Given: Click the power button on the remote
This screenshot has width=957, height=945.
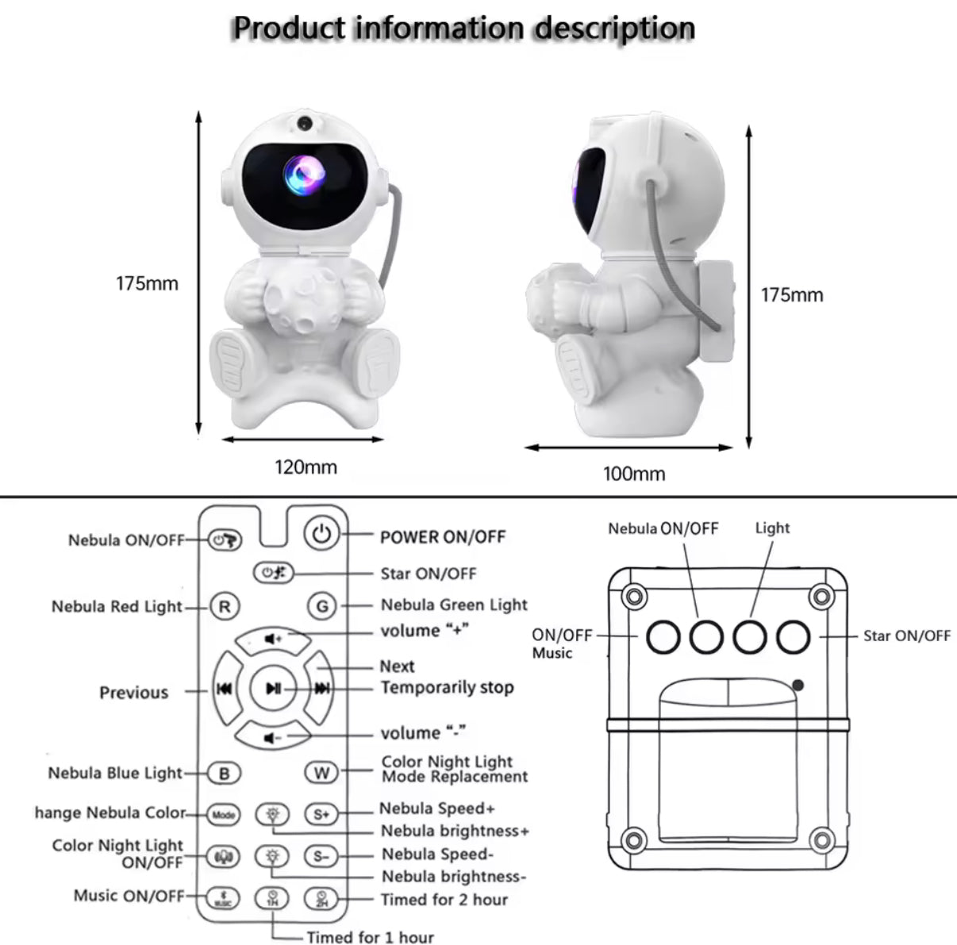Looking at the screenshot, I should coord(321,533).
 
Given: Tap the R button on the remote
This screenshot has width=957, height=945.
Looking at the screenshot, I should coord(225,607).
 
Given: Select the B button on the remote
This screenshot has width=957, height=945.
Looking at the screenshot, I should coord(225,773).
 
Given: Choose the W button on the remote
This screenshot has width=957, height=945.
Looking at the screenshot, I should coord(321,773).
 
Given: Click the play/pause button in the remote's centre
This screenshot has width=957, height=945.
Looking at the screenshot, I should coord(273,689).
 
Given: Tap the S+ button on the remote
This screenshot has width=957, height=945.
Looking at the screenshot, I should coord(321,814).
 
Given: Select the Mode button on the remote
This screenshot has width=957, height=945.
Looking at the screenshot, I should coord(224,814).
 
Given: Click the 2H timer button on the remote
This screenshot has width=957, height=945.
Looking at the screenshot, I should coord(321,899).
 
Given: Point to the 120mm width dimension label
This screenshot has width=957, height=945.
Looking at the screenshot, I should coord(306,467).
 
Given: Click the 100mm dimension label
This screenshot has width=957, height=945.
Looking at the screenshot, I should coord(634,474).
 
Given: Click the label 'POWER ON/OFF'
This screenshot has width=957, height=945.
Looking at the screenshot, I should coord(442,537).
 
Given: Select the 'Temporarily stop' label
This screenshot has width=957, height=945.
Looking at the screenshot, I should coord(447,687).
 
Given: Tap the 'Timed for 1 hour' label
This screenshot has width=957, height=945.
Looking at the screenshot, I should coord(370,937).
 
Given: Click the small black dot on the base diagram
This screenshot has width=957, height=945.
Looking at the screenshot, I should coord(797,685).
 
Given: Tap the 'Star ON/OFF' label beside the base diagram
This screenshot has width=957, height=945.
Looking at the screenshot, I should coord(906,636).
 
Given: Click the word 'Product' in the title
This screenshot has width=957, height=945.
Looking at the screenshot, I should coord(289,29).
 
